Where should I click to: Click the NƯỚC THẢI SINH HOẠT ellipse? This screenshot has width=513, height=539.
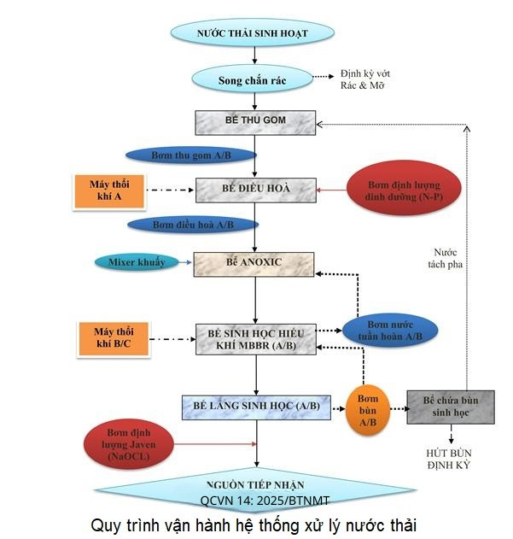[x=252, y=33]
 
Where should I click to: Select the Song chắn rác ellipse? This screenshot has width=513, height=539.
[x=252, y=79]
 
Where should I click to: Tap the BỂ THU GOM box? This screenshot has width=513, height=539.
[x=255, y=120]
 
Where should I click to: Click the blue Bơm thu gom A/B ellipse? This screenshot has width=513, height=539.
[x=191, y=155]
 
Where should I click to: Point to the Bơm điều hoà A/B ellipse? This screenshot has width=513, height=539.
[x=193, y=225]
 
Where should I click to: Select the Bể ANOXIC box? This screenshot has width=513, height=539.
[x=255, y=264]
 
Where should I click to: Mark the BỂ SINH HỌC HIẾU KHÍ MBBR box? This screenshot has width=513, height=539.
[x=255, y=338]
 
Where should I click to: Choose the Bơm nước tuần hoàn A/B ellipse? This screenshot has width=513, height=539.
[x=390, y=331]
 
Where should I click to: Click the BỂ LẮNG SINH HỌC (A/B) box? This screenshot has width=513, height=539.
[x=255, y=407]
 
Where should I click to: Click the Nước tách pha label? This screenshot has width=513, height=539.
[x=448, y=257]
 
